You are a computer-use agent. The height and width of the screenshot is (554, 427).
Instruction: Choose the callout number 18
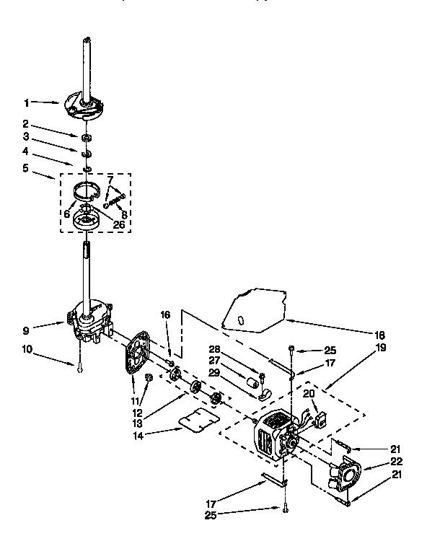[379, 335]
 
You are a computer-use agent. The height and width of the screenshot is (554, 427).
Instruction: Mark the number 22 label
[397, 462]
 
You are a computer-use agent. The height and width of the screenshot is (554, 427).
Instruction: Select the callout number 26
[119, 224]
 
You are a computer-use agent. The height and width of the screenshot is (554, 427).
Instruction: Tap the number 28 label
[214, 348]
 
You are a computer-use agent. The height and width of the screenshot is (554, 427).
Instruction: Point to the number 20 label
[309, 393]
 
